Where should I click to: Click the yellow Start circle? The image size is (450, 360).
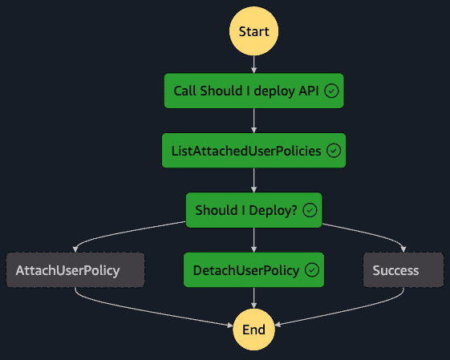pyautogui.click(x=253, y=31)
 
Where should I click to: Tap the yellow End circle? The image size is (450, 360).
pyautogui.click(x=253, y=330)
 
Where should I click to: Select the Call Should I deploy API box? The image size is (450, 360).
pyautogui.click(x=254, y=91)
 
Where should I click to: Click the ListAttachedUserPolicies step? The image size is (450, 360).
pyautogui.click(x=254, y=151)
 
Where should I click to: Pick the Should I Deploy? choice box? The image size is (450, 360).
pyautogui.click(x=254, y=210)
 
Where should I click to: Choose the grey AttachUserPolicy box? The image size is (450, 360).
pyautogui.click(x=75, y=270)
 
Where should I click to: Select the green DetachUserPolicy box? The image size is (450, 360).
pyautogui.click(x=254, y=270)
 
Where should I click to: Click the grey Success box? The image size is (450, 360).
pyautogui.click(x=403, y=270)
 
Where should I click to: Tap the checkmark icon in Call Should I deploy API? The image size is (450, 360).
pyautogui.click(x=331, y=91)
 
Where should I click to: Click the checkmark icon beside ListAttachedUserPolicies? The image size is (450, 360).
pyautogui.click(x=334, y=151)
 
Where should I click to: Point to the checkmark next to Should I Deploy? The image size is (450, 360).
pyautogui.click(x=310, y=210)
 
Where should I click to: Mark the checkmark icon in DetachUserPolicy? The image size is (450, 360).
pyautogui.click(x=312, y=270)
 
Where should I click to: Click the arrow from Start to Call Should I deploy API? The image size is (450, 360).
pyautogui.click(x=253, y=64)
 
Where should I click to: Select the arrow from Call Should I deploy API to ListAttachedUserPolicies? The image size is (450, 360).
pyautogui.click(x=253, y=121)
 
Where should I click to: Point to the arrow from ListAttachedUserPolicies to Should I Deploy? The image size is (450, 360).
pyautogui.click(x=253, y=180)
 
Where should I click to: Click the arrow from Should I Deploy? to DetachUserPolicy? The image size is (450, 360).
pyautogui.click(x=253, y=240)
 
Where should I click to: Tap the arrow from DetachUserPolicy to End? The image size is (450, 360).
pyautogui.click(x=253, y=298)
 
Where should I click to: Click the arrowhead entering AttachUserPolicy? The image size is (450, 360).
pyautogui.click(x=75, y=249)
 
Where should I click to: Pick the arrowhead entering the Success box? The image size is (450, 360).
pyautogui.click(x=403, y=249)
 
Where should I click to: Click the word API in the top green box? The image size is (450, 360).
pyautogui.click(x=309, y=91)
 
